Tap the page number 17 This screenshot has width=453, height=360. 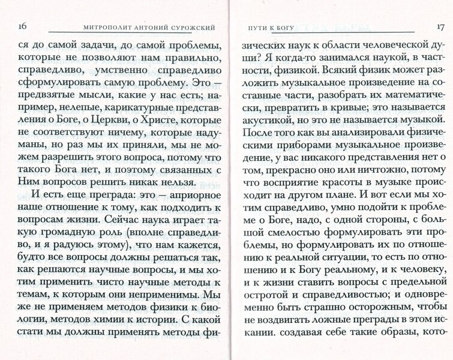coord(437,26)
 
